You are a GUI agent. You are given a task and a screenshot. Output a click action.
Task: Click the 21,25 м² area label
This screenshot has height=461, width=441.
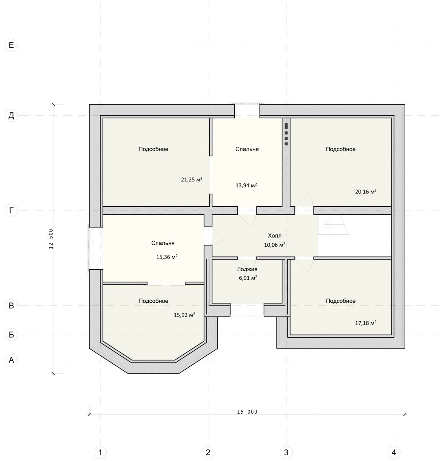(192, 179)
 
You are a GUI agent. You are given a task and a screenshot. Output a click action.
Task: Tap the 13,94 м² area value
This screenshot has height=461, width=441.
(246, 185)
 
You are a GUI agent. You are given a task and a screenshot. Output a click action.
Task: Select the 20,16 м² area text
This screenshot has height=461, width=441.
(366, 191)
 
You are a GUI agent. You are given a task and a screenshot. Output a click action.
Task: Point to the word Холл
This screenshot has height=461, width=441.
(275, 235)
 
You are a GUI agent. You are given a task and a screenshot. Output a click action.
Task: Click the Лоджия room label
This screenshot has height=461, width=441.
(247, 269)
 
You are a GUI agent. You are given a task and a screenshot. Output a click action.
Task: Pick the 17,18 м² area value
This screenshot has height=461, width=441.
(366, 323)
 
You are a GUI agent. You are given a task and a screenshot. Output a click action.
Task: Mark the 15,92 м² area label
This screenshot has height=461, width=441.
(184, 315)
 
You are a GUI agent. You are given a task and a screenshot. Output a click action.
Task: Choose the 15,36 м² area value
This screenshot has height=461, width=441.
(167, 257)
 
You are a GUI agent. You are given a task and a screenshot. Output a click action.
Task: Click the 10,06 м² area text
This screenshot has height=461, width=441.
(275, 245)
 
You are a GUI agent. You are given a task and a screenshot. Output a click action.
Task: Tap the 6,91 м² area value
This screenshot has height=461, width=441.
(248, 278)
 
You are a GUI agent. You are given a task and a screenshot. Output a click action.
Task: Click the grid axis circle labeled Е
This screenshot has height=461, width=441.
(12, 45)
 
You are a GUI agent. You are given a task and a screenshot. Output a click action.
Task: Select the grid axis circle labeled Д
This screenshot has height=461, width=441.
(12, 116)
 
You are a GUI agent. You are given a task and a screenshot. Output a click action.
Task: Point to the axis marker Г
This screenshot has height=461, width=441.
(12, 211)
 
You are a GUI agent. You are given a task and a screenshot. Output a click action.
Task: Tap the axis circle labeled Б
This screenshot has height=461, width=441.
(12, 335)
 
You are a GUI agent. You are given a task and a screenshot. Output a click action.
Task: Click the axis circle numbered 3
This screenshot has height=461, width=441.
(286, 453)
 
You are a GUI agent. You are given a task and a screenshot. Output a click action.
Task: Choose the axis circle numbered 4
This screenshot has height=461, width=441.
(394, 453)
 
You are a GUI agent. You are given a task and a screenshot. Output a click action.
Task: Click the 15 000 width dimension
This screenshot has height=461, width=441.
(247, 412)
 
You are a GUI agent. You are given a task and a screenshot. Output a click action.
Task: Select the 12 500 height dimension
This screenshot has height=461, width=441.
(51, 239)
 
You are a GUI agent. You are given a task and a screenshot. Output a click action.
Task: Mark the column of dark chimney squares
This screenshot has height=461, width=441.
(286, 134)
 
